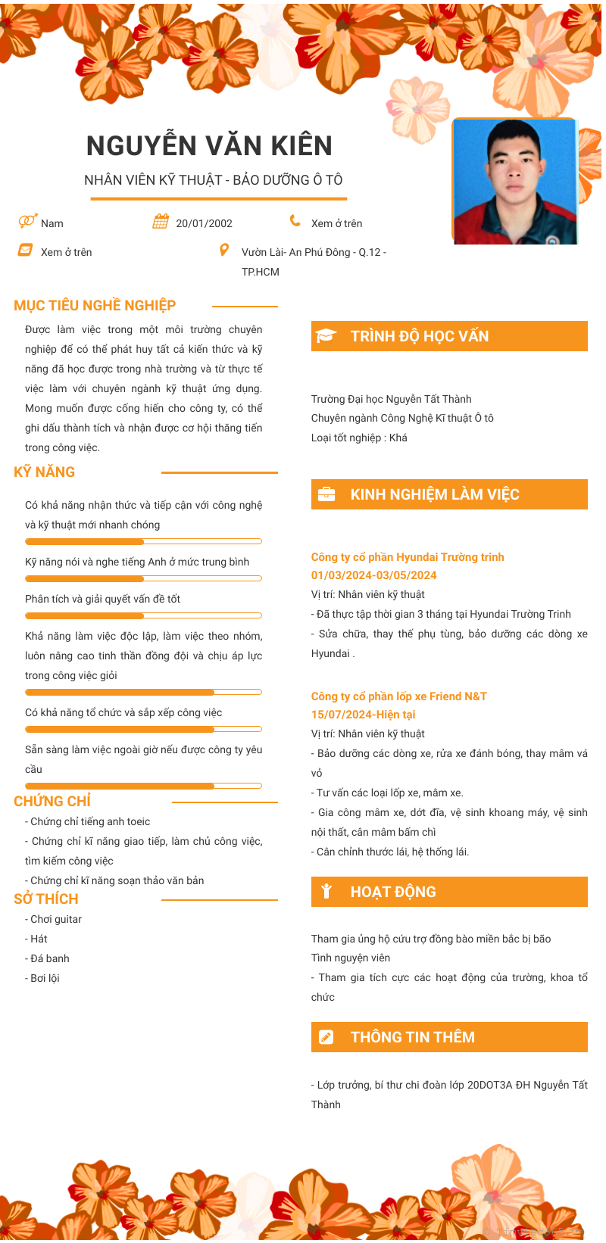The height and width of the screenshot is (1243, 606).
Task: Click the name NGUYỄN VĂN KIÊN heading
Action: click(209, 145)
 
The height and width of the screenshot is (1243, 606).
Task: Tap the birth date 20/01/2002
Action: click(204, 223)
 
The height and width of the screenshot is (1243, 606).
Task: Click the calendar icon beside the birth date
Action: click(161, 221)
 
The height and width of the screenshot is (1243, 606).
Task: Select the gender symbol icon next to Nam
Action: click(27, 221)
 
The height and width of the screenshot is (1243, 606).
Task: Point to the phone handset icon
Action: click(295, 221)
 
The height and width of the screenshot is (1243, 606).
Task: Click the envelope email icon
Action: click(26, 250)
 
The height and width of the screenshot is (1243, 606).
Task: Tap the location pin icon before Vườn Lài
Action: click(224, 250)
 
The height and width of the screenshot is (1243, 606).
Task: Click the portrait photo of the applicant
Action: click(514, 182)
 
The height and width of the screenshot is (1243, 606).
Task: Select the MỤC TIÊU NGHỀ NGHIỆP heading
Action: click(95, 305)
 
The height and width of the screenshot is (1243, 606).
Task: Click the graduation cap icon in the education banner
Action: click(326, 336)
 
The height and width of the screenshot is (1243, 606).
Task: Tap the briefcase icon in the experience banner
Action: click(326, 494)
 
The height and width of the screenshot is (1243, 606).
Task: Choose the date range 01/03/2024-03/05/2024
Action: click(373, 575)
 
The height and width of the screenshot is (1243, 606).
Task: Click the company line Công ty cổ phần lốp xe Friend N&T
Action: click(398, 696)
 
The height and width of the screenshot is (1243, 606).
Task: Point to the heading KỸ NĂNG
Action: click(45, 472)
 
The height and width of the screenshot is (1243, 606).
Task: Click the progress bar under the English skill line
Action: click(143, 578)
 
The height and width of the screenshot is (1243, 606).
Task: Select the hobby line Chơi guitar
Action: click(54, 919)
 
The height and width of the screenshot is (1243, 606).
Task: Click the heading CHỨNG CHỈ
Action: click(52, 801)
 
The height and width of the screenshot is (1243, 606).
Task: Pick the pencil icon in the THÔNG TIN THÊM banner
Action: click(326, 1037)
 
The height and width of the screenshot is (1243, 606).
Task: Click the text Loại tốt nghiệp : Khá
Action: click(359, 438)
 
